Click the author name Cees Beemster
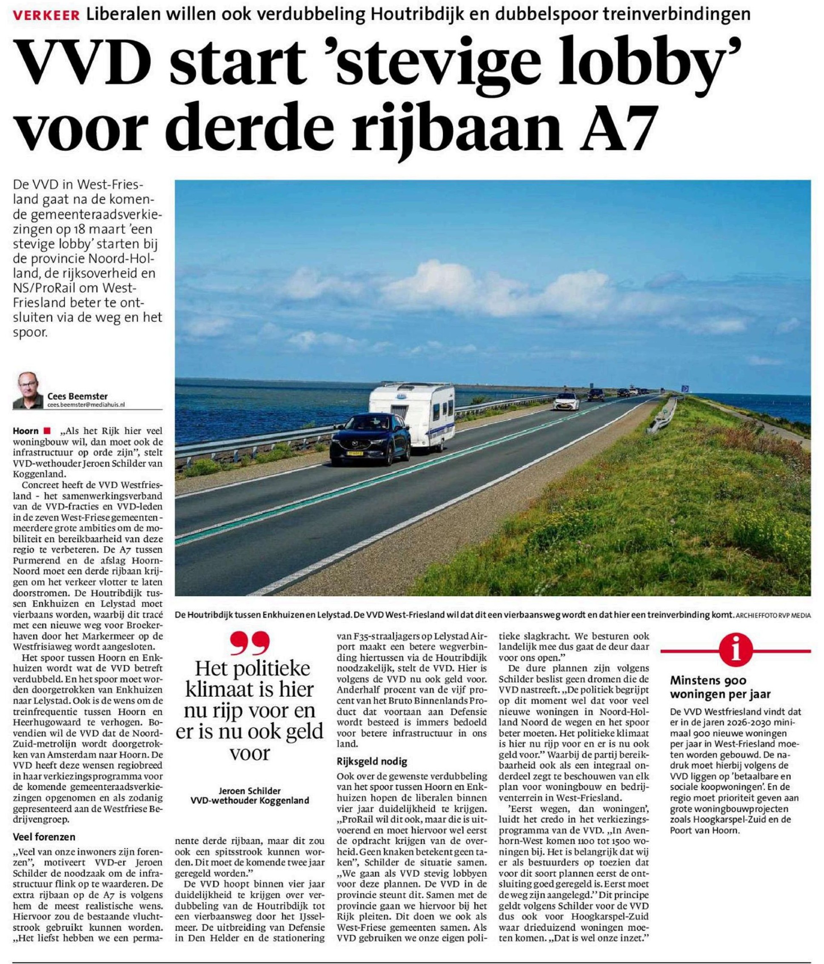click(77, 396)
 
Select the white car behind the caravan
click(567, 401)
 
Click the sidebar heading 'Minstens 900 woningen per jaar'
click(720, 687)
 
